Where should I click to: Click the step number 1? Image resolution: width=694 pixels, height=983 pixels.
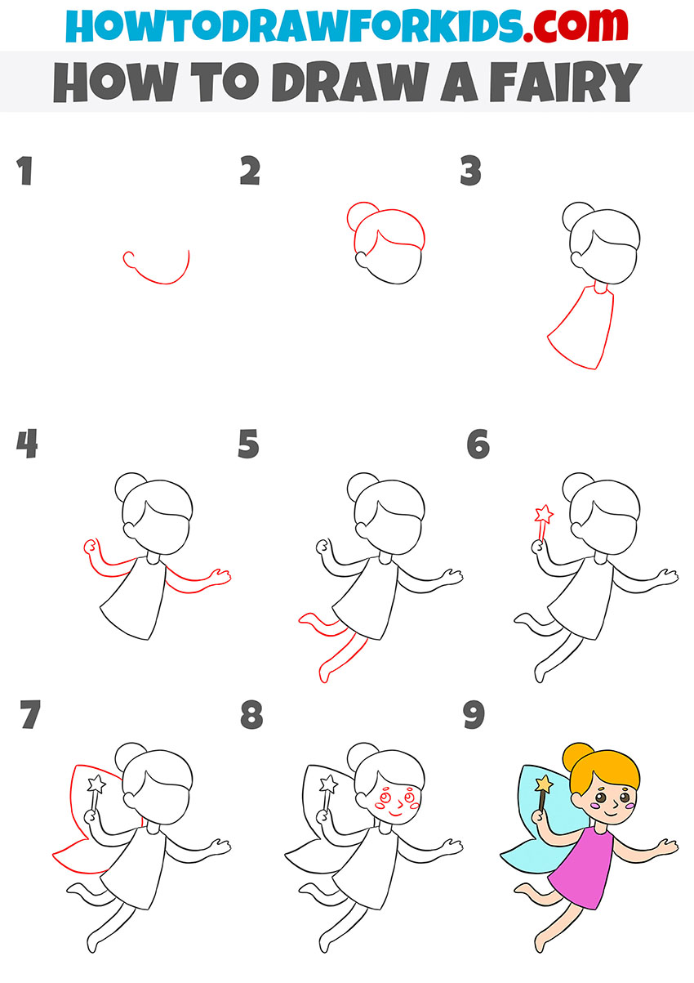point(25,172)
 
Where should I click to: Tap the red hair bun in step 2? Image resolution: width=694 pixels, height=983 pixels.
point(359,217)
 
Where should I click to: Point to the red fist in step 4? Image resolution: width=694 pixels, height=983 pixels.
point(91,546)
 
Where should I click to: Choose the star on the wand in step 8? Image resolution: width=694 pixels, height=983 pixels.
point(328,784)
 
